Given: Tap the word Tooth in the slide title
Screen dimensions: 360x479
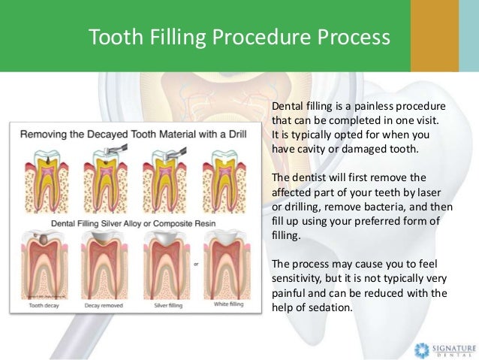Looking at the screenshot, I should (x=112, y=37).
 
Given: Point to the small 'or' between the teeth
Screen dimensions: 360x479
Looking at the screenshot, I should (x=196, y=265).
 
